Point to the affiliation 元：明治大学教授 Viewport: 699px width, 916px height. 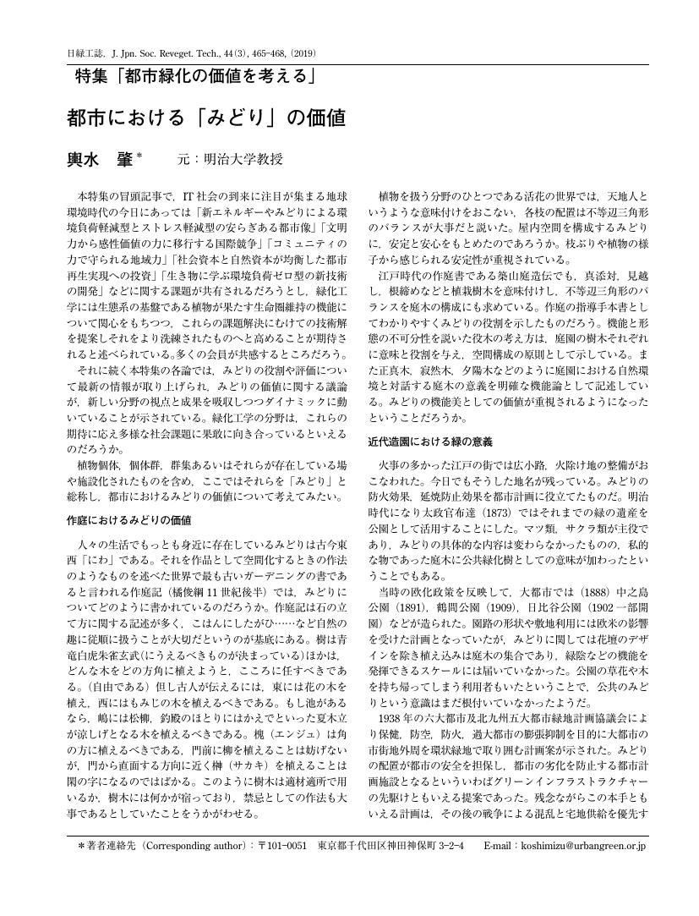[x=230, y=160]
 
